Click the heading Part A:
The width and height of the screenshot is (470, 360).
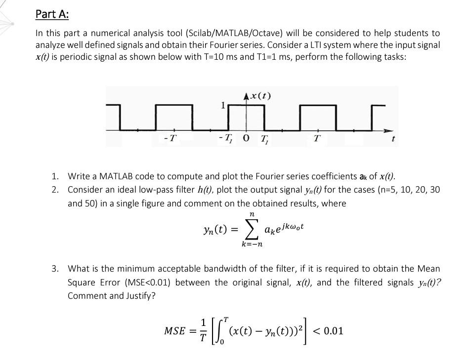coord(52,14)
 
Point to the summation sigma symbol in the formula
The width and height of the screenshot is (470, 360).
coord(252,230)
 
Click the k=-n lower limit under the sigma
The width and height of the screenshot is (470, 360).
coord(252,244)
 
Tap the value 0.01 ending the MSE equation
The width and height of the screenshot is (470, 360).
coord(332,330)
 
